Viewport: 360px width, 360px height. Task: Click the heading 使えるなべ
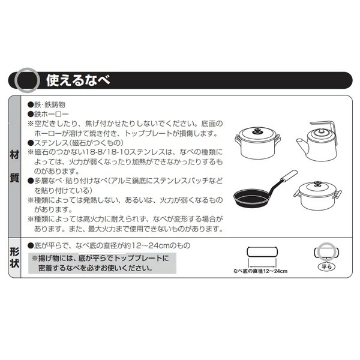click(x=78, y=80)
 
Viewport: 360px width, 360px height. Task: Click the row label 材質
click(x=14, y=166)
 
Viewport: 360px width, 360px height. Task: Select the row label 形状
click(x=14, y=257)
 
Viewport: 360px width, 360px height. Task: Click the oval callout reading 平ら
click(x=326, y=267)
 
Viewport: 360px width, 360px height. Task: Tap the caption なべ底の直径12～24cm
click(x=260, y=271)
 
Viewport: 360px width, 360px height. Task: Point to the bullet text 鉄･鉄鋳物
click(x=50, y=104)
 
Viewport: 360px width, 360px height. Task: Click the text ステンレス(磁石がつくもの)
click(x=79, y=143)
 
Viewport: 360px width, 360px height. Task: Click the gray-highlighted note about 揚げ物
click(x=102, y=263)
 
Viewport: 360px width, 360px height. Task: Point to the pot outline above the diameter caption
click(x=262, y=251)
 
